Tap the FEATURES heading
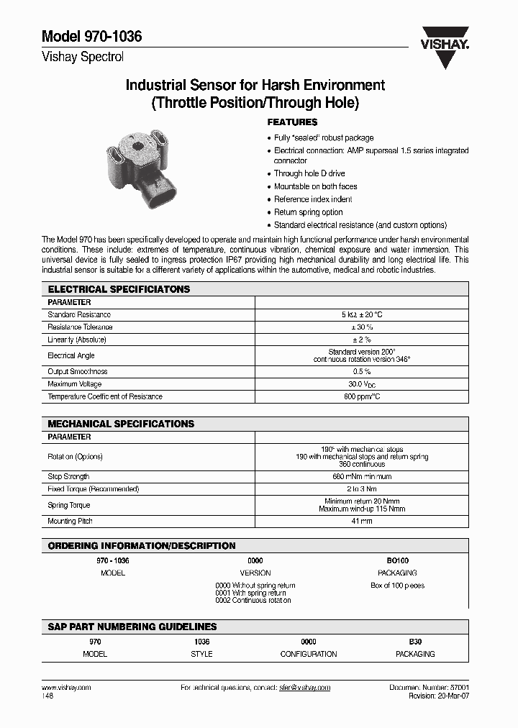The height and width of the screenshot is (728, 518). click(x=292, y=122)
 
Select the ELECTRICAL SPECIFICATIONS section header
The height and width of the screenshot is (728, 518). click(x=119, y=289)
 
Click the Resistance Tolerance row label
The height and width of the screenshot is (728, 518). click(x=80, y=327)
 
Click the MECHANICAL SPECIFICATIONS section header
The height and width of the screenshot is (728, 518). click(x=121, y=424)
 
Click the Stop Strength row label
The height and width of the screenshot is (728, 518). click(x=68, y=476)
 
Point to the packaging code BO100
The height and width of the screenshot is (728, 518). click(x=397, y=560)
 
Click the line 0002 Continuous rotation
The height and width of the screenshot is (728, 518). click(x=253, y=600)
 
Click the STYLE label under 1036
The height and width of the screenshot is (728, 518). click(x=201, y=654)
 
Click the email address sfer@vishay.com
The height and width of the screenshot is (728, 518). click(x=304, y=688)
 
